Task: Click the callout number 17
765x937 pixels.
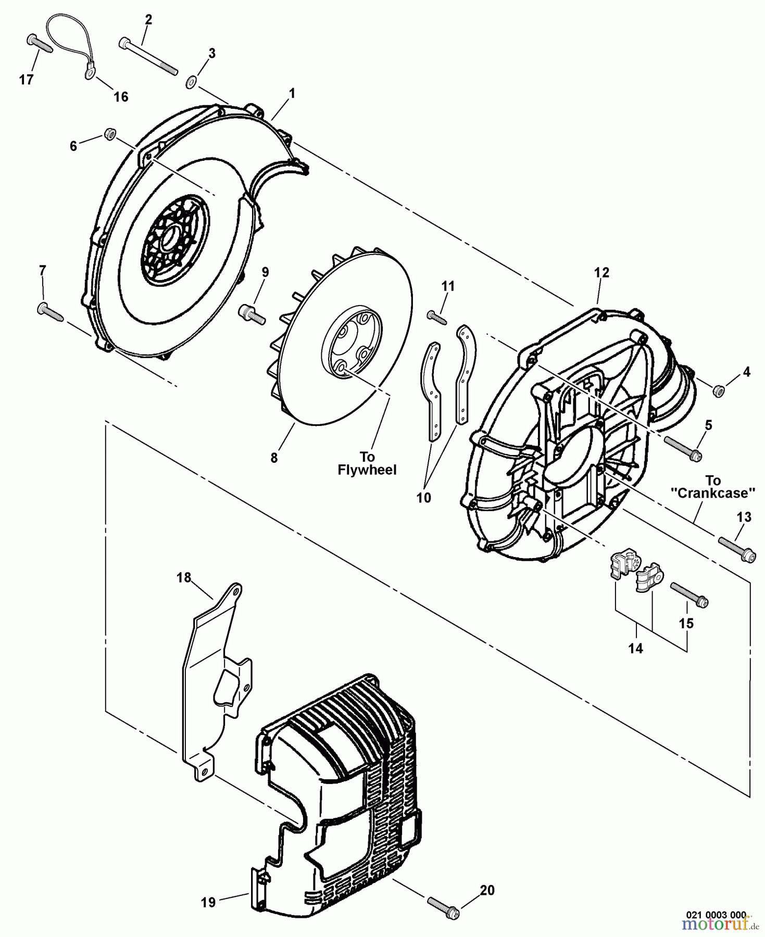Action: [x=26, y=79]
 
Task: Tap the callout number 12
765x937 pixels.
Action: [x=601, y=272]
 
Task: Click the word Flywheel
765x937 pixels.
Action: [x=367, y=470]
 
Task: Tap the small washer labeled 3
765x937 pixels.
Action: [x=191, y=81]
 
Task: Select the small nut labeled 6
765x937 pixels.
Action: [x=110, y=134]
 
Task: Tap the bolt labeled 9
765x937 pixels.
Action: [x=253, y=314]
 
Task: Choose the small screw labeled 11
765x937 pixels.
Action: [x=437, y=317]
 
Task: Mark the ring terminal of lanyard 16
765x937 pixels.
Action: [x=89, y=75]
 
